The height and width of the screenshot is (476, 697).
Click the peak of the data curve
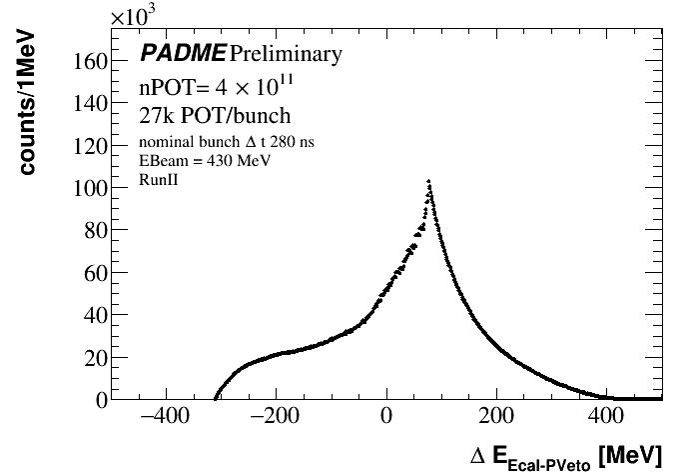pos(428,181)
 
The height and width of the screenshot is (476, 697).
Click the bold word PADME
pos(183,53)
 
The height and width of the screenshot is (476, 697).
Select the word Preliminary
pos(285,54)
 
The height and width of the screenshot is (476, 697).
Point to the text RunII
pos(158,180)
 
